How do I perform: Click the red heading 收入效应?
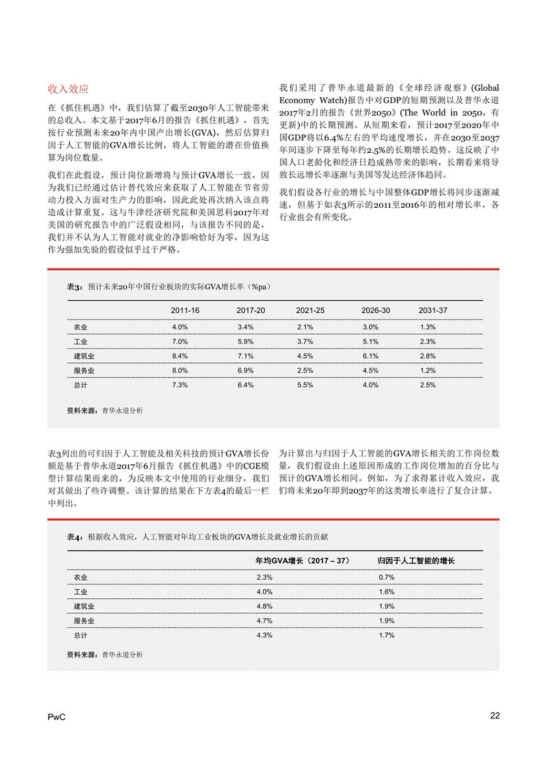click(68, 89)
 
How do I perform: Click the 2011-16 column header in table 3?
click(185, 310)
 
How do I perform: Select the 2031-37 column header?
click(433, 310)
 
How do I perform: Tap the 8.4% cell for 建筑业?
click(180, 356)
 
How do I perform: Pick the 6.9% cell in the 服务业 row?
click(245, 371)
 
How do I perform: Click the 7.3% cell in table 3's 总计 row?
click(180, 385)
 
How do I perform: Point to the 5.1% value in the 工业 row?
click(370, 342)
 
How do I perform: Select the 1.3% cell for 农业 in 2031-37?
click(427, 327)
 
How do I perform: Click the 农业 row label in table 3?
click(81, 327)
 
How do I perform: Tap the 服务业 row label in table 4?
click(84, 621)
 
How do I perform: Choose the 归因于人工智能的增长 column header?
click(415, 561)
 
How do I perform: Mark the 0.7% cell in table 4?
click(386, 577)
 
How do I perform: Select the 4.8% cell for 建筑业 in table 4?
click(264, 606)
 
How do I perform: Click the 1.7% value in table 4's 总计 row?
click(386, 635)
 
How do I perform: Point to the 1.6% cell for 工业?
click(386, 592)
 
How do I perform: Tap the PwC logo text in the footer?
click(56, 717)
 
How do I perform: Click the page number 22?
click(495, 715)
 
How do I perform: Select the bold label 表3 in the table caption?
click(74, 287)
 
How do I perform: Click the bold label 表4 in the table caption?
click(74, 537)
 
